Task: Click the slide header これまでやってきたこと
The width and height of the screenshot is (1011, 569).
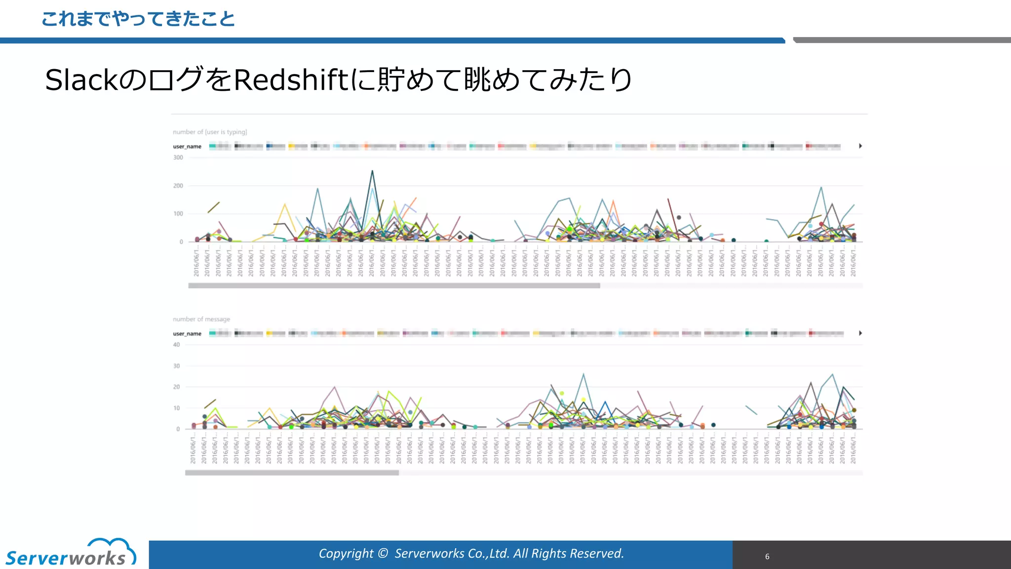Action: tap(138, 19)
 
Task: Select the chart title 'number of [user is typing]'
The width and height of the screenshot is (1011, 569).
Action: tap(210, 132)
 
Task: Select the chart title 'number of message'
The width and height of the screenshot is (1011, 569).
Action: tap(201, 319)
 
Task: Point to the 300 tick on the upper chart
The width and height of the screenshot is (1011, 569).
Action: tap(178, 158)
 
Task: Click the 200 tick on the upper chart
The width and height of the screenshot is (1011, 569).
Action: tap(178, 186)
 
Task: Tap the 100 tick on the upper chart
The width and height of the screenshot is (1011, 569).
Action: tap(178, 214)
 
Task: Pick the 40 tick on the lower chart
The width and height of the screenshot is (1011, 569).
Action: tap(177, 345)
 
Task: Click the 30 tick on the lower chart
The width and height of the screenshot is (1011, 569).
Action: tap(177, 366)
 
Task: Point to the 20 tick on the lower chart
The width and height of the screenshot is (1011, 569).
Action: tap(177, 387)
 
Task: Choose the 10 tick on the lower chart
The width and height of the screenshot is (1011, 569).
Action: tap(177, 408)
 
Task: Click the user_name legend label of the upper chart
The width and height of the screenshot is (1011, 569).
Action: tap(187, 147)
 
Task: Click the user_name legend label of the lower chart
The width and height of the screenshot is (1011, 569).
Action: tap(187, 334)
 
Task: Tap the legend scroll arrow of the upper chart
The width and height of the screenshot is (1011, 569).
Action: tap(860, 146)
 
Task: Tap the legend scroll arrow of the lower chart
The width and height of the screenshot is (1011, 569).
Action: tap(860, 333)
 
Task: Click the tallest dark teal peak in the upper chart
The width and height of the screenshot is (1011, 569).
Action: tap(372, 171)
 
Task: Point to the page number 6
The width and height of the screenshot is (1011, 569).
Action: tap(767, 557)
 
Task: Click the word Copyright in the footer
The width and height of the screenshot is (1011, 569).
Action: tap(346, 554)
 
